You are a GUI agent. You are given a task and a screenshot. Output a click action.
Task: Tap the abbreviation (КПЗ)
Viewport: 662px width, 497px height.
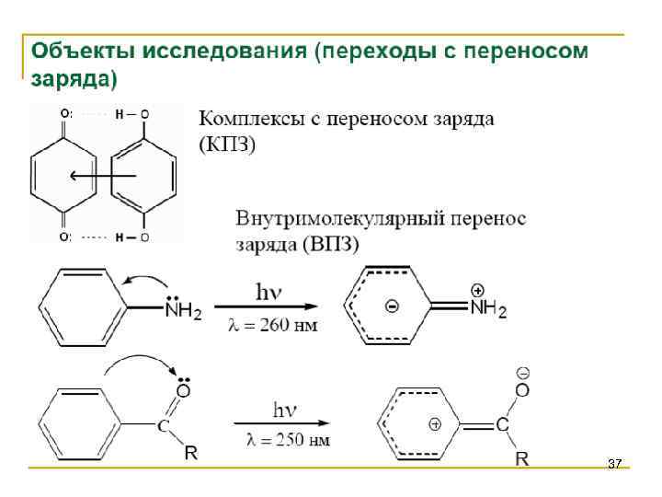228,144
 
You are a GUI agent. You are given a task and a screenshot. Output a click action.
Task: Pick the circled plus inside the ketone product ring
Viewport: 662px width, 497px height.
435,424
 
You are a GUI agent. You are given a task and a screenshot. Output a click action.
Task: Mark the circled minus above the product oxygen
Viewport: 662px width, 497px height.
521,374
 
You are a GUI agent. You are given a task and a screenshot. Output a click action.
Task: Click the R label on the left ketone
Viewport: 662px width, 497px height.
191,452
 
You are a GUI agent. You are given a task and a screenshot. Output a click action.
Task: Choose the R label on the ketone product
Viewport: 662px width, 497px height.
521,457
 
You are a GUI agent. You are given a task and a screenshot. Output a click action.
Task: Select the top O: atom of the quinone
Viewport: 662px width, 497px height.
66,114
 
